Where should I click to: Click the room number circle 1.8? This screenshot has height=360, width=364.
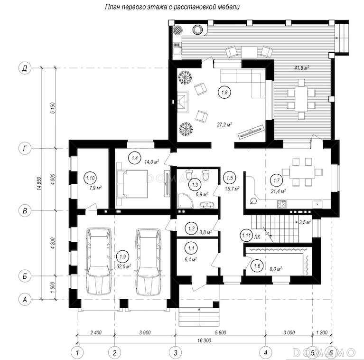pos(224,92)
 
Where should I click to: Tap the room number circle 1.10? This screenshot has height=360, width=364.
pos(90,178)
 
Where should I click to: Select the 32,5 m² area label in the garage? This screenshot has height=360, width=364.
pos(124,266)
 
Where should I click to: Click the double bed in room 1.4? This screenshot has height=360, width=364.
pos(135,184)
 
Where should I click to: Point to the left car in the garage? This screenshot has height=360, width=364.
pos(98,262)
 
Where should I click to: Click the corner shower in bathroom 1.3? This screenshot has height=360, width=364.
pos(185,200)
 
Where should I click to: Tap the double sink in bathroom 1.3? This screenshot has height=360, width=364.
pos(207,206)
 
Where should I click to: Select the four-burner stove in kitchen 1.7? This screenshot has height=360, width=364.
pos(282,204)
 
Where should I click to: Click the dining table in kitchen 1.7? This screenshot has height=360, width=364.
pos(302,172)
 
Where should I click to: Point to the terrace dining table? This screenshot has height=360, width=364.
pos(301,99)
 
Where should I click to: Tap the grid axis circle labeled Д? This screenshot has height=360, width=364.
pos(25,68)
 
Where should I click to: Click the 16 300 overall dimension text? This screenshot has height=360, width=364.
pos(204,341)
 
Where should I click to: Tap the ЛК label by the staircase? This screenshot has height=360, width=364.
pos(257,237)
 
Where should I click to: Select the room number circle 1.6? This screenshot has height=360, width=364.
pos(257,265)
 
